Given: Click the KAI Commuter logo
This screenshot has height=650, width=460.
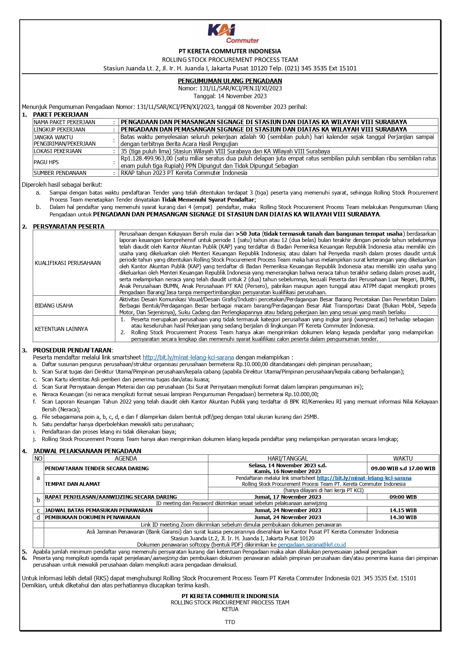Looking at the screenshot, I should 233,33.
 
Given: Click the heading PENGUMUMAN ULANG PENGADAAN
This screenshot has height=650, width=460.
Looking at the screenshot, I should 230,81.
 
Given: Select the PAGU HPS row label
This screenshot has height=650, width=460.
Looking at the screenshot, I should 46,162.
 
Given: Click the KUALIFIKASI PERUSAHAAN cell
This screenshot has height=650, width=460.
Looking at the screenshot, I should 68,263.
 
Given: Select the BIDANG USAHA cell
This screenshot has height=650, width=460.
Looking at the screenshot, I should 54,306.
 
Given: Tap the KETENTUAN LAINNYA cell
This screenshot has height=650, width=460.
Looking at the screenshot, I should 61,329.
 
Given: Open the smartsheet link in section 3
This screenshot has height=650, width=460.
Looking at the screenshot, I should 188,358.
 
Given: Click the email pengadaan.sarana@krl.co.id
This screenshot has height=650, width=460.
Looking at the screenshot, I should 312,545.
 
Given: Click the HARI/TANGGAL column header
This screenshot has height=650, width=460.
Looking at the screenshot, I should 288,458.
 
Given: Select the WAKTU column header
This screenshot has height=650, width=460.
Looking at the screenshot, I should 403,458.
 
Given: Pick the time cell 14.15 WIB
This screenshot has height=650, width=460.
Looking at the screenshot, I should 403,510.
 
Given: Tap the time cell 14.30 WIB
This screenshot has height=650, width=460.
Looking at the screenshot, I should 403,517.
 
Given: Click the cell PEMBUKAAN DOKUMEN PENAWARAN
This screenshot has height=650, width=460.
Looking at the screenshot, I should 92,517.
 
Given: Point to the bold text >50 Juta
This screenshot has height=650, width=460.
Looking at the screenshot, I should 248,234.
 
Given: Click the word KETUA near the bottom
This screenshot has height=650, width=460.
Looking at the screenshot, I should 230,609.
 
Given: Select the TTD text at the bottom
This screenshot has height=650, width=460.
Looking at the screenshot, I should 230,622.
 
